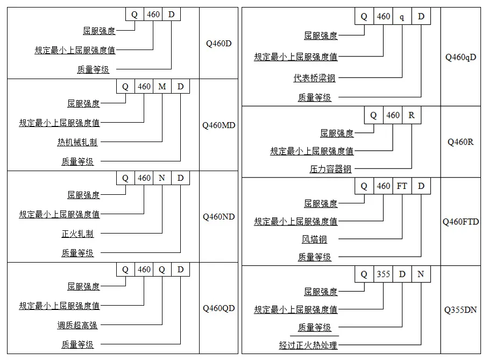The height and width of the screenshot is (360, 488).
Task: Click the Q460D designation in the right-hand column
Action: click(218, 43)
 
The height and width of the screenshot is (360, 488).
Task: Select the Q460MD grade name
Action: click(218, 125)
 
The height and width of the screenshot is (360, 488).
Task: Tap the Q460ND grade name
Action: click(218, 217)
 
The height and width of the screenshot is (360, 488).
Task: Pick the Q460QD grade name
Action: click(218, 308)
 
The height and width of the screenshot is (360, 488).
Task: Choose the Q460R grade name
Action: click(461, 142)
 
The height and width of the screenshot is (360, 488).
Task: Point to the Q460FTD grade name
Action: click(461, 221)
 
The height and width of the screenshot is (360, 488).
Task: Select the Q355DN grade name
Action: click(461, 310)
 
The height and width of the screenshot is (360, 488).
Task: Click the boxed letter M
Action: click(162, 87)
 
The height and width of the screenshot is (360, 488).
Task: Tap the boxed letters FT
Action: click(402, 186)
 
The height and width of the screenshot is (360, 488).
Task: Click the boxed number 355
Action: click(383, 274)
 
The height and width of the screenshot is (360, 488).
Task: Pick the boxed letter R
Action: click(412, 115)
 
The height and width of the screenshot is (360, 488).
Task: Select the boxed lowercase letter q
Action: click(402, 17)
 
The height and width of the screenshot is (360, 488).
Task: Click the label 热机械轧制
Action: click(77, 142)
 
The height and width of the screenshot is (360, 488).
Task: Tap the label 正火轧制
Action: click(77, 234)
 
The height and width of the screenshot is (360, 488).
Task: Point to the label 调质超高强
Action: click(77, 325)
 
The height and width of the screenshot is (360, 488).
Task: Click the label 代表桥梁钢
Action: click(314, 78)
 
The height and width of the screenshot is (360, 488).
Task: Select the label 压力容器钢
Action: click(330, 168)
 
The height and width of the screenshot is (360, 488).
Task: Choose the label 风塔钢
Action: click(314, 239)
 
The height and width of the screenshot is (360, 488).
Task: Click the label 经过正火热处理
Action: click(308, 345)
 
